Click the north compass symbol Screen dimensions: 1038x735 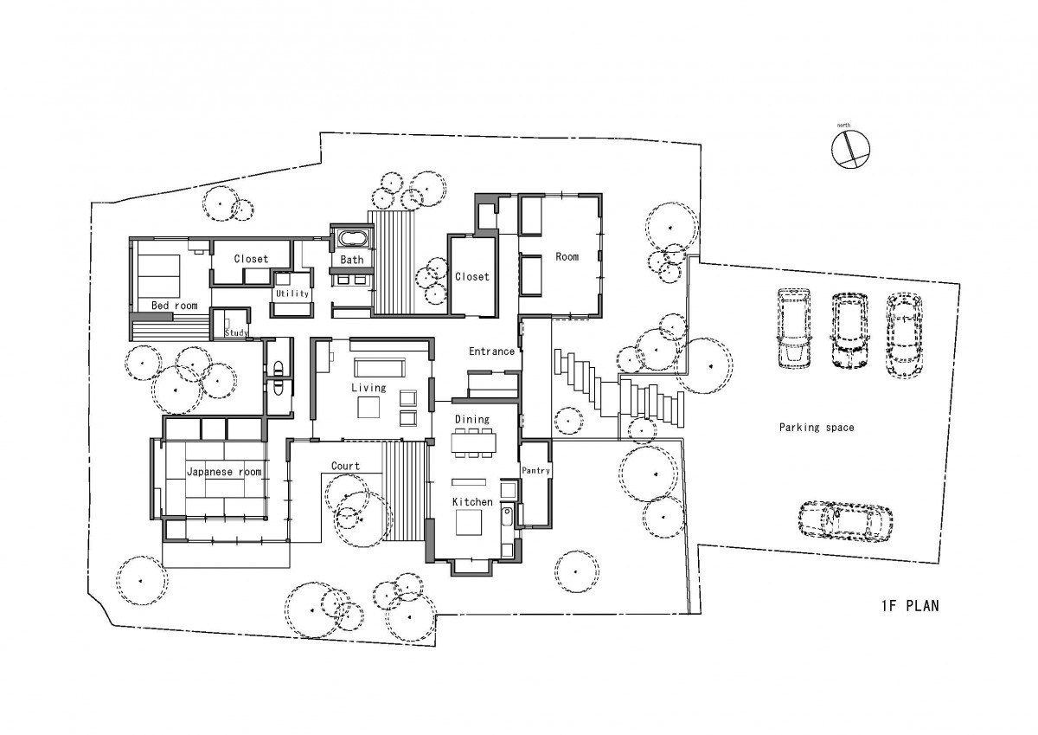coord(850,149)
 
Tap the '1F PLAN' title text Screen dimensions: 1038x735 coord(910,606)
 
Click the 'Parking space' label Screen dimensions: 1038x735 coord(816,427)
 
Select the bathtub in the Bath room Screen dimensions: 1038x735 coord(355,239)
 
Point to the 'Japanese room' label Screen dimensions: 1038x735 coord(224,472)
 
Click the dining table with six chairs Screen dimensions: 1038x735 coord(473,442)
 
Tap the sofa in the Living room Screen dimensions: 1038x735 coord(380,367)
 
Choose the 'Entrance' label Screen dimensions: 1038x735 coord(491,351)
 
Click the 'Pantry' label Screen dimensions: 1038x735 coord(535,470)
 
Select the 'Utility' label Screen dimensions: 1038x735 coord(292,293)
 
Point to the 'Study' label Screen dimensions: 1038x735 coord(236,332)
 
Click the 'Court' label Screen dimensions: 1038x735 coord(345,466)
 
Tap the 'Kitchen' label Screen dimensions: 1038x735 coord(472,502)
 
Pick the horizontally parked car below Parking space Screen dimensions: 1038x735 coord(845,520)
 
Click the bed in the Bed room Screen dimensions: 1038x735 coord(158,276)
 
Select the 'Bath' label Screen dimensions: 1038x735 coord(352,260)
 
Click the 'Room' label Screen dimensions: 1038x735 coord(567,256)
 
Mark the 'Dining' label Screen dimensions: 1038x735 coord(471,419)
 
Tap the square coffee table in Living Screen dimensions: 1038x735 coord(368,408)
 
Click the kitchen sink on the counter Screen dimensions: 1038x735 coord(507,517)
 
